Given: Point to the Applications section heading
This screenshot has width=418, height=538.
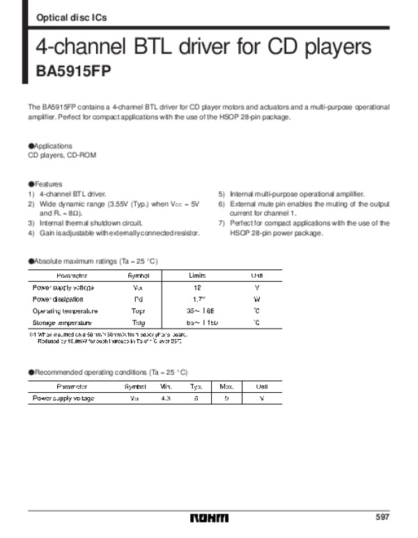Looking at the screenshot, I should tap(50, 146).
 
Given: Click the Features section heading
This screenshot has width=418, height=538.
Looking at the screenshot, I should tap(46, 184).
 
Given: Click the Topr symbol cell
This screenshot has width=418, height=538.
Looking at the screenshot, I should tap(138, 311).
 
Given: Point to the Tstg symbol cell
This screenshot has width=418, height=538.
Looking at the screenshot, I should tap(138, 323).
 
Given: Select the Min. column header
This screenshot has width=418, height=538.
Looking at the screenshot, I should tap(167, 387).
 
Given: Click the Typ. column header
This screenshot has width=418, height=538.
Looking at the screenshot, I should tap(196, 387).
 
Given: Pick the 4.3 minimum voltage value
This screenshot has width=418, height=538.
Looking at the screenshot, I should tap(166, 398).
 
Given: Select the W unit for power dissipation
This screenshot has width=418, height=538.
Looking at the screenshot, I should tap(257, 299).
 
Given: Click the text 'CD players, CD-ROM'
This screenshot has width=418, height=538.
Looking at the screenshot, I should tap(57, 156).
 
